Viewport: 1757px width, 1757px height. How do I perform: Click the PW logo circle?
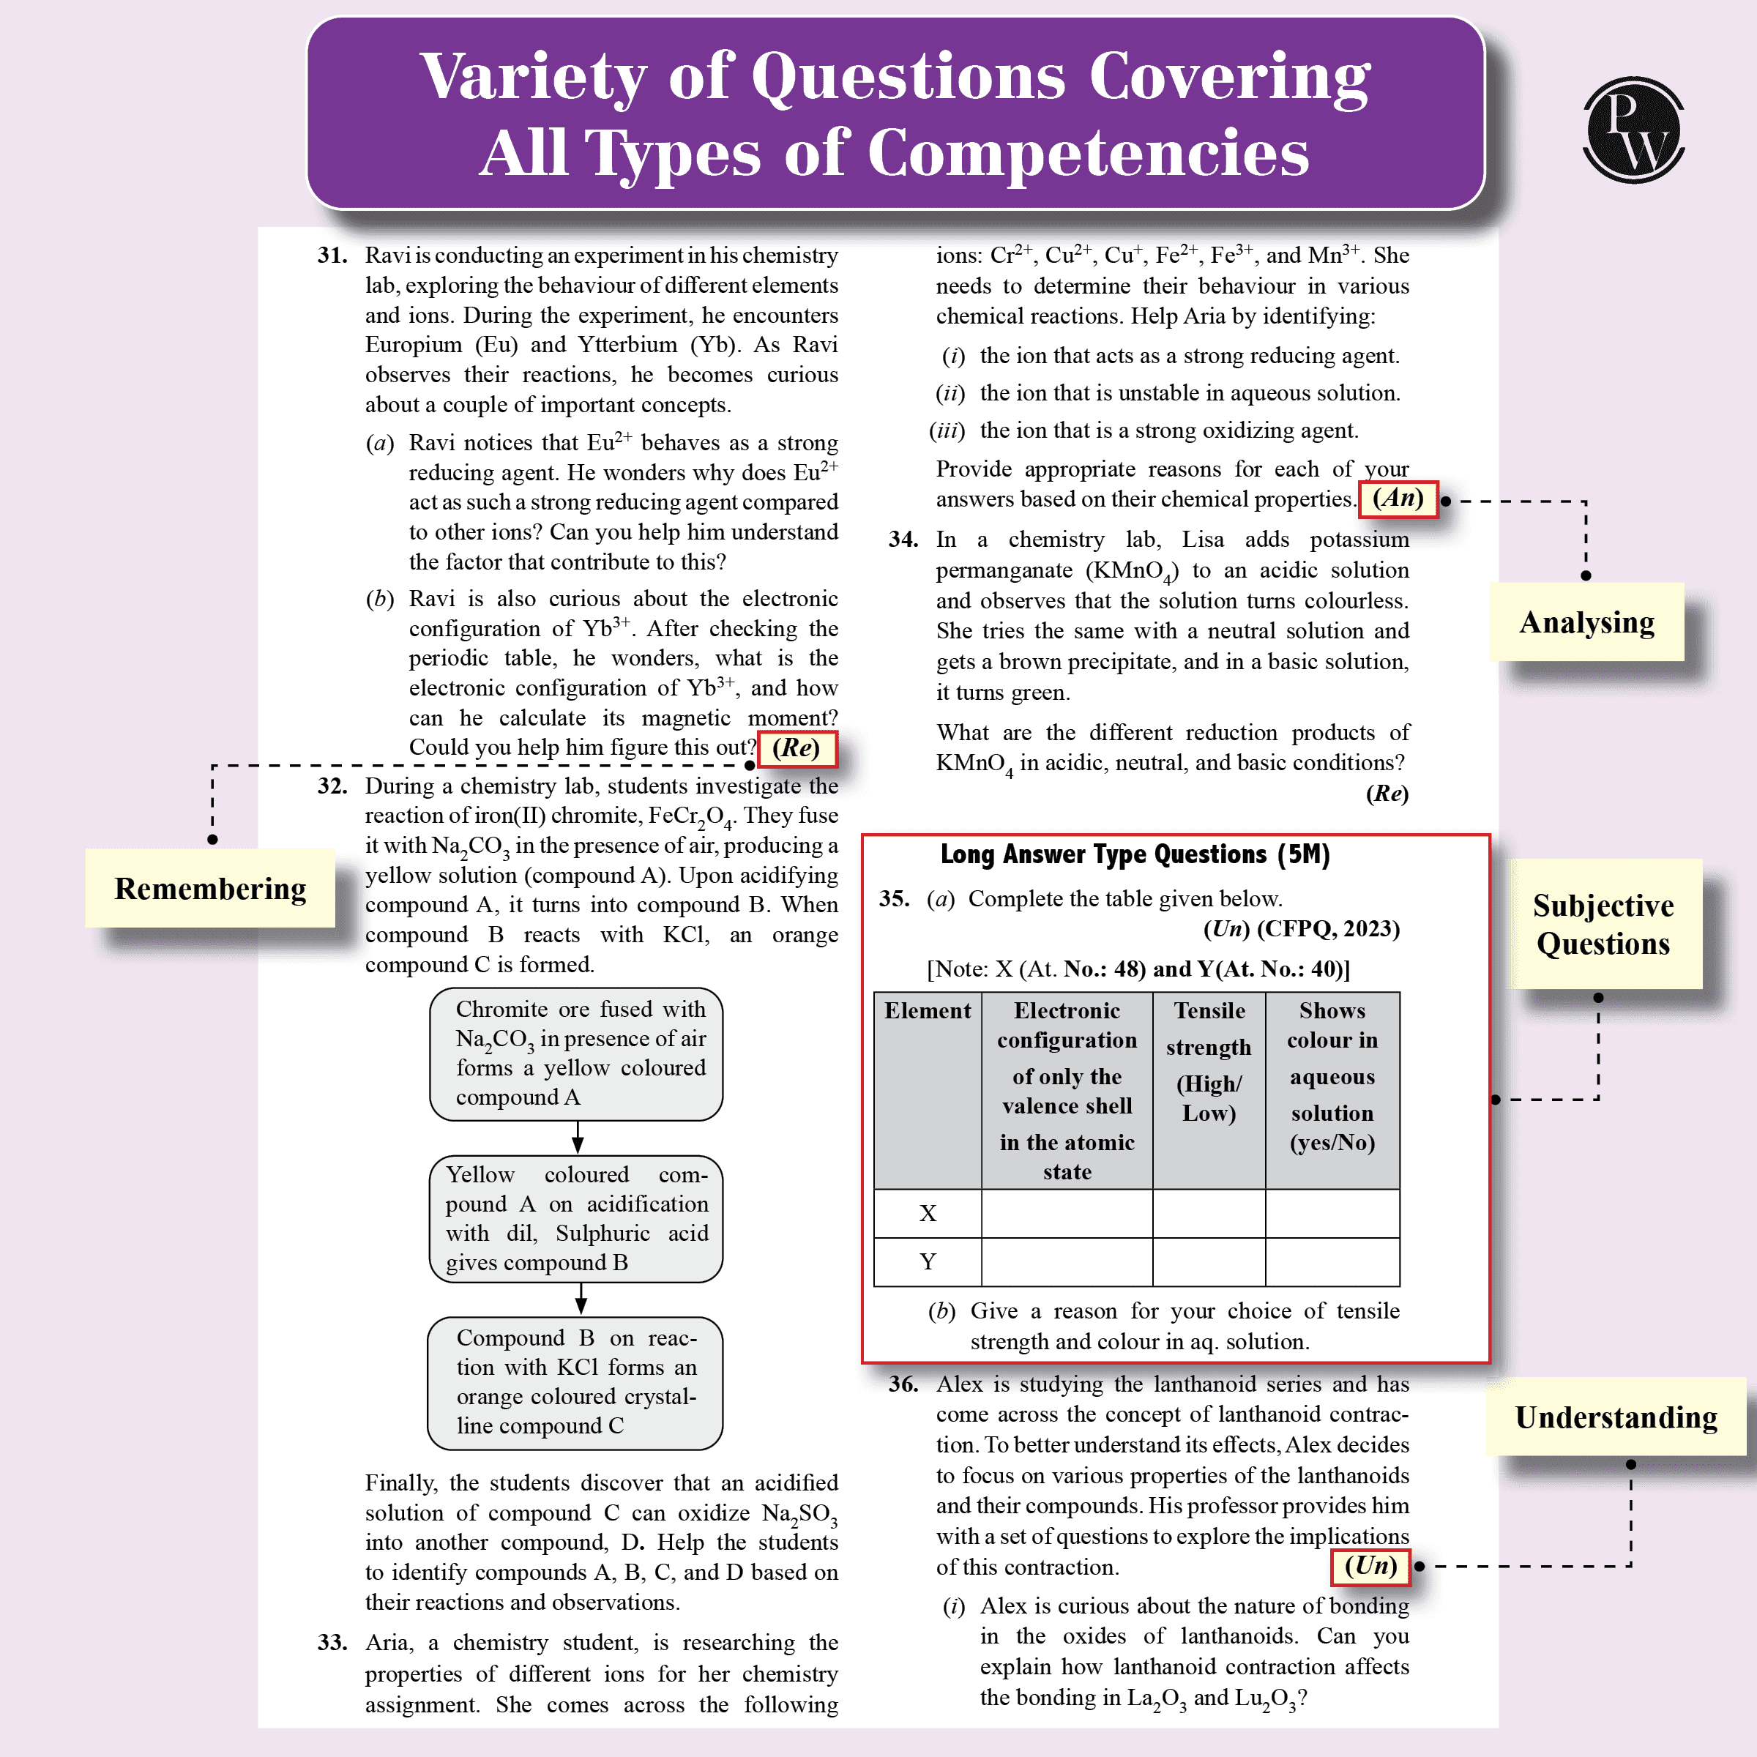point(1633,130)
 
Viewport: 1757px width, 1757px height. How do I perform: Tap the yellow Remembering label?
point(210,889)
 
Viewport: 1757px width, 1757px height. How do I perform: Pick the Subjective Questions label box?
point(1603,924)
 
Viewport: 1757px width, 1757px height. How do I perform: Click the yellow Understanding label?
point(1615,1417)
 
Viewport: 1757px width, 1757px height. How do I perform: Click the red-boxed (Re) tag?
point(797,748)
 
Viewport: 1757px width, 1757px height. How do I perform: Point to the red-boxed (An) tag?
point(1398,499)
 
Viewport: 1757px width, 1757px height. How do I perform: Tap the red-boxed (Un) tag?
point(1370,1566)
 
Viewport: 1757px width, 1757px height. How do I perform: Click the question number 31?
point(332,255)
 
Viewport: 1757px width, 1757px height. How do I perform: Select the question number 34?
point(903,540)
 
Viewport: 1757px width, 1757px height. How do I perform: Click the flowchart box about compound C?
point(575,1382)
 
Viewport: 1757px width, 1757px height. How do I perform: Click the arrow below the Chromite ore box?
point(578,1138)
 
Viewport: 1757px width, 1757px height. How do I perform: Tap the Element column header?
point(928,1010)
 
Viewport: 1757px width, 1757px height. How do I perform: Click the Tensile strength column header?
point(1209,1062)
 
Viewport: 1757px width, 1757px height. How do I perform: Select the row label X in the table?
point(928,1213)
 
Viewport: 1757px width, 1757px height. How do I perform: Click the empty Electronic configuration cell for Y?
point(1067,1262)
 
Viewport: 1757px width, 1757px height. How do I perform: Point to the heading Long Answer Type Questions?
point(1135,855)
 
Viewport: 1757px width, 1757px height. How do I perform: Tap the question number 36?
point(903,1384)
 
